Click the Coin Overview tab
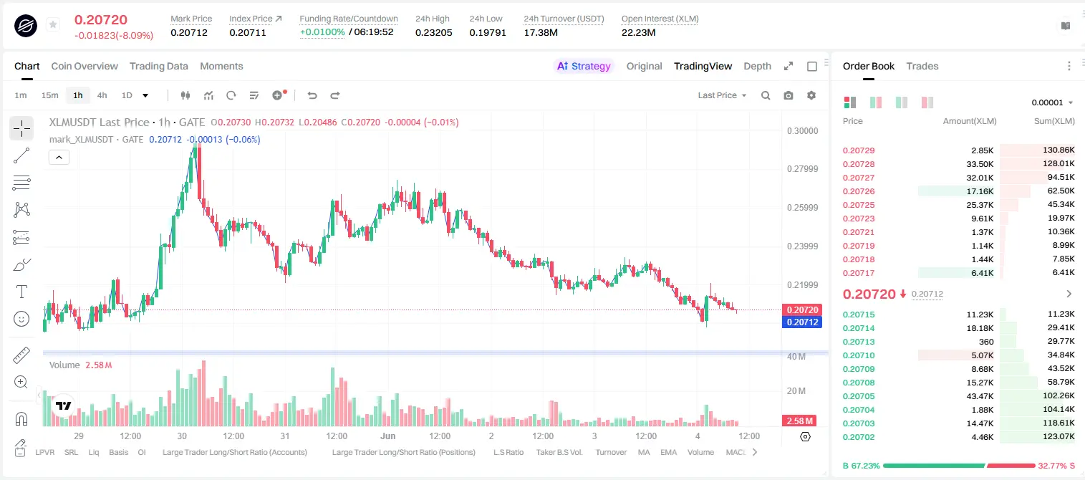85,66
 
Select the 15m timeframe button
50,95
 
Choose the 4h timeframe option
102,95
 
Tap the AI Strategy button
584,66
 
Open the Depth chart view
757,66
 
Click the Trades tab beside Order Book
922,66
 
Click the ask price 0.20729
858,150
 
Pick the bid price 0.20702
858,437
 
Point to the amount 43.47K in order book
980,396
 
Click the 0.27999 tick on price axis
803,169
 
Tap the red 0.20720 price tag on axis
802,309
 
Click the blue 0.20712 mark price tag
802,322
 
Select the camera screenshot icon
789,95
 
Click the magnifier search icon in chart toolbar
766,95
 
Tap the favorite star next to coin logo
53,24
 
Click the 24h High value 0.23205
433,32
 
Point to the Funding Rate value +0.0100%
322,32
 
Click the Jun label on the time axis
387,436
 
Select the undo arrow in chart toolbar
312,95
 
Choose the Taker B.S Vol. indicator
559,452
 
